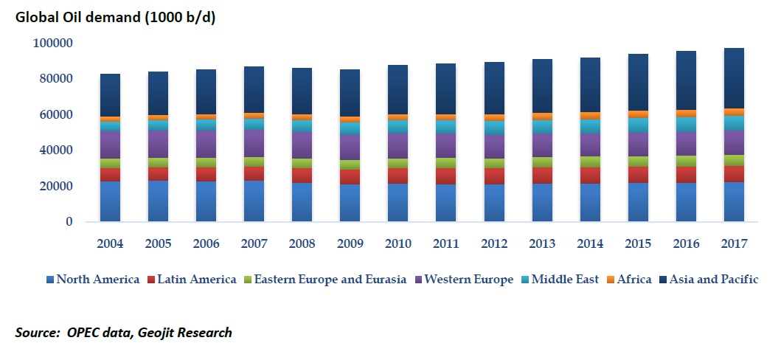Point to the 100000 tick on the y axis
click(52, 43)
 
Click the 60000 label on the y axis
click(55, 114)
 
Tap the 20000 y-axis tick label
click(55, 186)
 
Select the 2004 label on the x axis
click(110, 244)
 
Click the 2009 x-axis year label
click(350, 244)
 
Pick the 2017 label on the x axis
click(733, 244)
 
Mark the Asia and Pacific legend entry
click(709, 280)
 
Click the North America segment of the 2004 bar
click(110, 201)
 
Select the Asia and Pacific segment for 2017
click(733, 78)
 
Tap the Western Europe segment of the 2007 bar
click(254, 143)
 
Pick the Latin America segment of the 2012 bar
click(493, 176)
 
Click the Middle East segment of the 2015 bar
click(637, 125)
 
